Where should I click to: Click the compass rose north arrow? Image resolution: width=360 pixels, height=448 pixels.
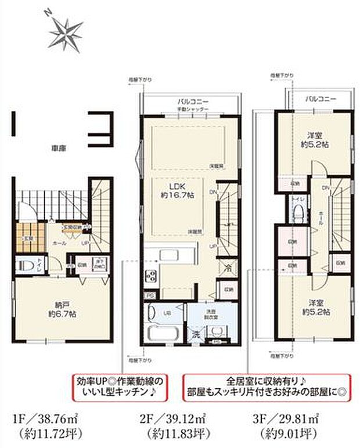pos(65,31)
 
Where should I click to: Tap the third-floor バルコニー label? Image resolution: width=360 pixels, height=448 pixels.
pos(321,99)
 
